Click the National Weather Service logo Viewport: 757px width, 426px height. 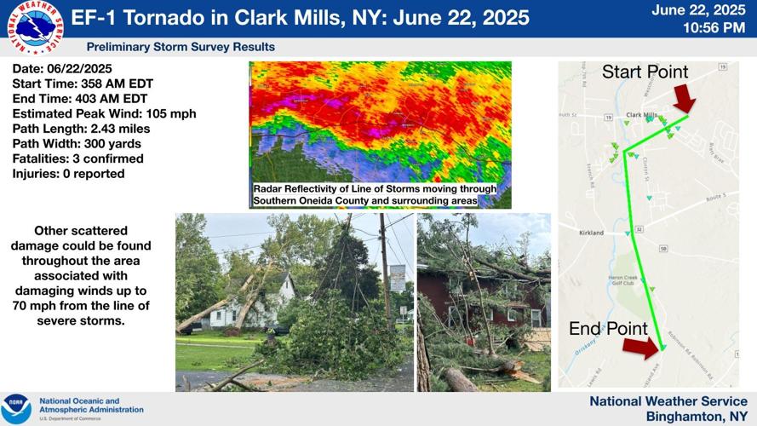point(32,27)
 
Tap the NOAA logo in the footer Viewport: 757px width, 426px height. point(17,408)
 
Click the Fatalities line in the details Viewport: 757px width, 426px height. point(77,158)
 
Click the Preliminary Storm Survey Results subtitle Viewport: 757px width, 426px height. point(181,47)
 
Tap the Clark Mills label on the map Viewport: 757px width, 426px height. point(640,114)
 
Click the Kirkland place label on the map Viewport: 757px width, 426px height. point(591,233)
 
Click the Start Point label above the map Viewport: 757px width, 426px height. point(645,72)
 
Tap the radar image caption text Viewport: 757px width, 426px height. point(374,194)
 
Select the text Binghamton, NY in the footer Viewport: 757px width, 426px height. point(697,416)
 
